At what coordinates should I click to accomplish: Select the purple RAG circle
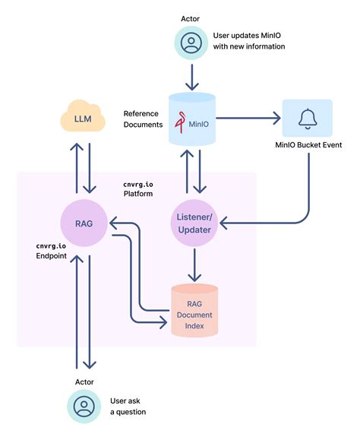pos(84,223)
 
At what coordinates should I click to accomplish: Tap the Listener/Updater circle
pos(194,223)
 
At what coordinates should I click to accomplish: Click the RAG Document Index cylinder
pos(194,310)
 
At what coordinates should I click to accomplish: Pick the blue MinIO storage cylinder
pos(192,119)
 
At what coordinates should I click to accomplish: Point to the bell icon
pos(308,119)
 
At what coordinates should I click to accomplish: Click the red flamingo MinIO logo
pos(180,122)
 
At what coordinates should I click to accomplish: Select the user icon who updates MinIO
pos(191,43)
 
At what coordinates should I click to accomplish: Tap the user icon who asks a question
pos(84,406)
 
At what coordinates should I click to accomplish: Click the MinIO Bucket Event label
pos(308,145)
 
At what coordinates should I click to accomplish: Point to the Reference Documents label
pos(143,119)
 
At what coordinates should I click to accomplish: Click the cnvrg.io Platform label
pos(138,189)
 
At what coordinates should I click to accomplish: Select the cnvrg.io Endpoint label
pos(52,251)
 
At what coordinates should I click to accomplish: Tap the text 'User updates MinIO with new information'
pos(249,41)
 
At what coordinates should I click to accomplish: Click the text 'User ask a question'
pos(128,407)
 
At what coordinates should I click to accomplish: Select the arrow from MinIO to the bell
pos(248,118)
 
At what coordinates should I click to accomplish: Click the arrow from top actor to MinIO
pos(192,78)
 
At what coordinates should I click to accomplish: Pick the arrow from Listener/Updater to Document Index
pos(194,265)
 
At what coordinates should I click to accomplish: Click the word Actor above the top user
pos(190,19)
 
